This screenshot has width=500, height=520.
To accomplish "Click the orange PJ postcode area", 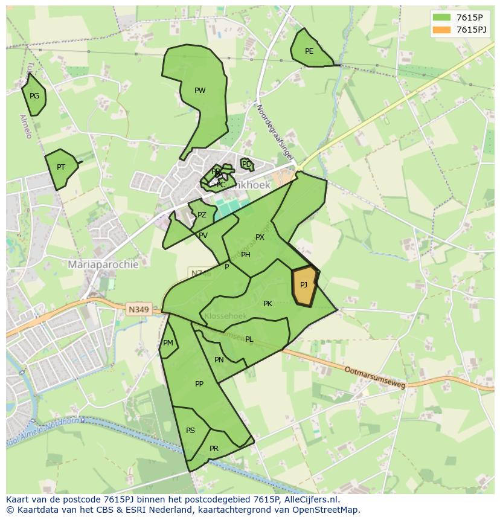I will (304, 286).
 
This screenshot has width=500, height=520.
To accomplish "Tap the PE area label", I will (309, 51).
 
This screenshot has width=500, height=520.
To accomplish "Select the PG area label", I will (34, 96).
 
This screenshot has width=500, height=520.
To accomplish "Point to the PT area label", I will (61, 167).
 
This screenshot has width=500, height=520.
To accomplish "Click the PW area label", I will (200, 91).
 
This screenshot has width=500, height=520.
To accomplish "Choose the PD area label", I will (246, 164).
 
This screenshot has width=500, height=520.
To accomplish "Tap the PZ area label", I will (202, 215).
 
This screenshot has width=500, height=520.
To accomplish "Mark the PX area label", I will (260, 237).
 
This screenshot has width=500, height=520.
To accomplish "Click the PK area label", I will (268, 304).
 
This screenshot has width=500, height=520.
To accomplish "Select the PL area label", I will (249, 339).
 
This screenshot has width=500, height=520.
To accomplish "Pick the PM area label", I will (168, 343).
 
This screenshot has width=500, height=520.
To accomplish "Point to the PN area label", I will (219, 360).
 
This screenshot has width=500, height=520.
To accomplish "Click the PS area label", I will (190, 431).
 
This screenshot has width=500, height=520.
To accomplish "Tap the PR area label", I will (214, 449).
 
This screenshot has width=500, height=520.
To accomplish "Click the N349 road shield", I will (138, 309).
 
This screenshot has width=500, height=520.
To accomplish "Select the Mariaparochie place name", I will (103, 265).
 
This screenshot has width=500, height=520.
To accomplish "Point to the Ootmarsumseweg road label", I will (375, 376).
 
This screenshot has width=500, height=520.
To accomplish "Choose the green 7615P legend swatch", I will (441, 16).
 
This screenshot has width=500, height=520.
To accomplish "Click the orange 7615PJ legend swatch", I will (441, 29).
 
